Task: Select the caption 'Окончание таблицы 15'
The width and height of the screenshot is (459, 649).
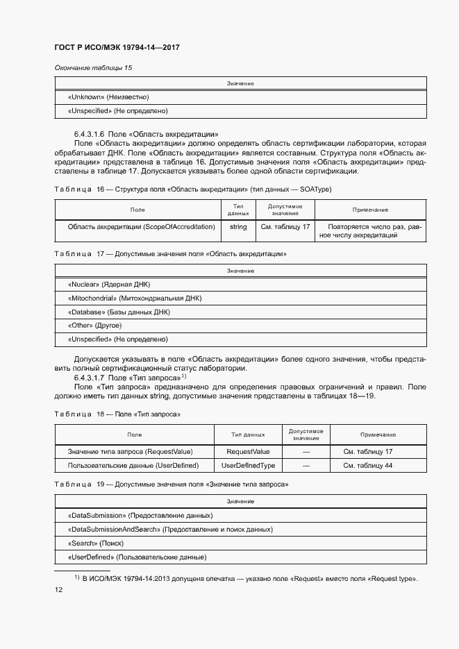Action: point(93,67)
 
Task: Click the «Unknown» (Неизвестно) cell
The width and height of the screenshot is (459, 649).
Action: point(108,97)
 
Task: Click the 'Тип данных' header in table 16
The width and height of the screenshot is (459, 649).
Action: point(238,210)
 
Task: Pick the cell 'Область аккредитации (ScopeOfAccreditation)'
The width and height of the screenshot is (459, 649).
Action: point(141,226)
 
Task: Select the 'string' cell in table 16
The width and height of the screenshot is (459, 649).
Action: point(238,226)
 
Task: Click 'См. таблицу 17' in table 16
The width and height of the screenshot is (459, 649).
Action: point(285,226)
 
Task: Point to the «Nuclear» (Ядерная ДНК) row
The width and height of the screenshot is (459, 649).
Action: point(109,285)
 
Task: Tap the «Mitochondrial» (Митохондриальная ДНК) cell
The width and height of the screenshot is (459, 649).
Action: point(135,298)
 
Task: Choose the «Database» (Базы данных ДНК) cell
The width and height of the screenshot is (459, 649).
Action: point(118,312)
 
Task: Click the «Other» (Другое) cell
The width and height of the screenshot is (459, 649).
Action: point(94,325)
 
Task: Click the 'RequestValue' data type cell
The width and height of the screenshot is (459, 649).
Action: point(248,451)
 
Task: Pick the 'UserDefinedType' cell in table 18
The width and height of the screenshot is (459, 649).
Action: point(248,465)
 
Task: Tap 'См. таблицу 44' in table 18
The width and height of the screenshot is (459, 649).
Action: point(368,465)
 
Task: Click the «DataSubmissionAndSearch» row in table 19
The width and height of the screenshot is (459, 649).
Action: point(170,529)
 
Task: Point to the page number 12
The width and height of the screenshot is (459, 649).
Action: point(59,590)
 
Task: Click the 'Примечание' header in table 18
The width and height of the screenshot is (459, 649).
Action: point(378,435)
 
